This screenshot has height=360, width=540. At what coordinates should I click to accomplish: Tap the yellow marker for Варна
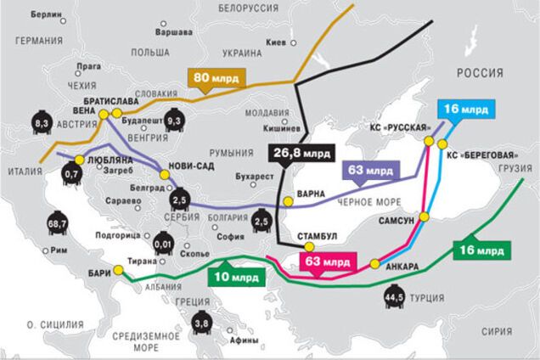point(289,201)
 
